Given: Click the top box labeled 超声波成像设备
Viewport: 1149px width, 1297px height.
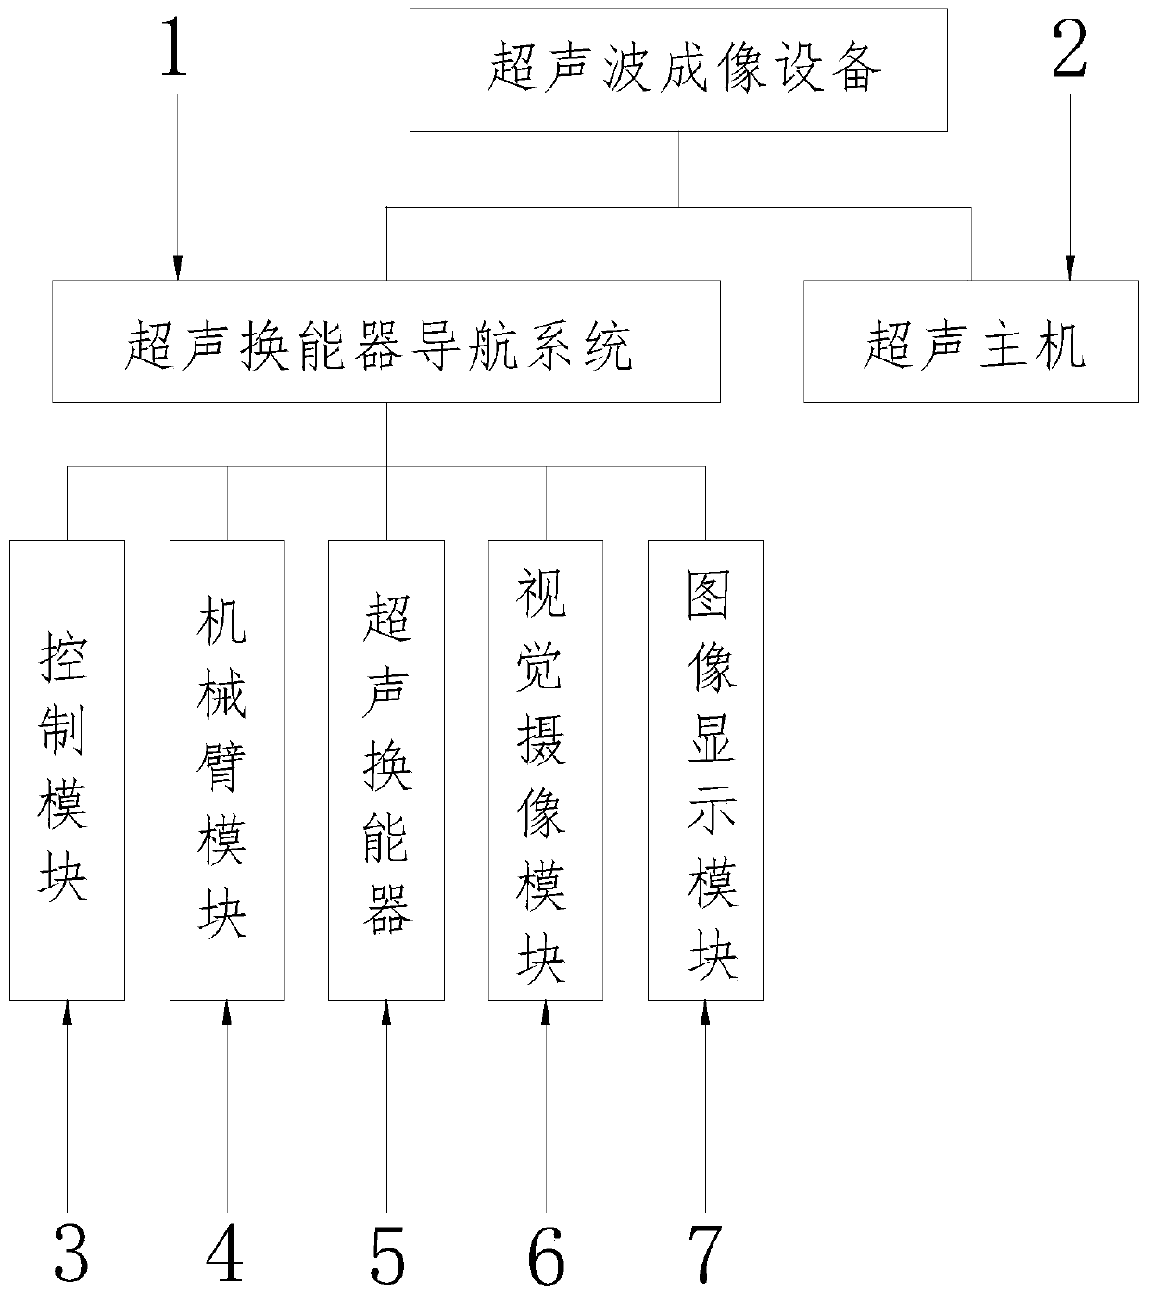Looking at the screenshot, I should [x=678, y=69].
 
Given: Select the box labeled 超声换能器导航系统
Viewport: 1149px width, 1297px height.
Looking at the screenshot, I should [x=385, y=341].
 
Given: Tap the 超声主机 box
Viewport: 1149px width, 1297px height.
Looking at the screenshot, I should [x=970, y=341].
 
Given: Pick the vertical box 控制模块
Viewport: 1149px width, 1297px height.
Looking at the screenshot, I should [x=67, y=769].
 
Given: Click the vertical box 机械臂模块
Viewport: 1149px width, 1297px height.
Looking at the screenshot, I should [x=227, y=769].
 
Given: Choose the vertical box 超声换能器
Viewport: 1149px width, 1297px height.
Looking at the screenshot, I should [x=386, y=769].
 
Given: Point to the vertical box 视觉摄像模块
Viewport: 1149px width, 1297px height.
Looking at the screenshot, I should [x=546, y=769].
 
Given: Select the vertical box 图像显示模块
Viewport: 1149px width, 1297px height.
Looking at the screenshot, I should [x=705, y=769].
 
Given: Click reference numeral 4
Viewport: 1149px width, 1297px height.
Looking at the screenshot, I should [x=225, y=1253].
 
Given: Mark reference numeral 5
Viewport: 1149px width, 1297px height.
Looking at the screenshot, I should [x=386, y=1253].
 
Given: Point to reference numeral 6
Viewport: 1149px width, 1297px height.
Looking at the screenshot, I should [x=546, y=1253].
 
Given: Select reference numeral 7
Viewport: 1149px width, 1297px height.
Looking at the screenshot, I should [x=705, y=1253].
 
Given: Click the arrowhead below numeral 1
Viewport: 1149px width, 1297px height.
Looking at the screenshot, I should [x=176, y=270].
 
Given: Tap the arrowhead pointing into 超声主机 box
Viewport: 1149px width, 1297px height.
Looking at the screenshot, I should [x=1070, y=270].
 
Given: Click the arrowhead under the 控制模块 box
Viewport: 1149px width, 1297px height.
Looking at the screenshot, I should [x=67, y=1012].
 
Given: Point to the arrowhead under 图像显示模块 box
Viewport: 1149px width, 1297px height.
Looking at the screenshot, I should [x=705, y=1012].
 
